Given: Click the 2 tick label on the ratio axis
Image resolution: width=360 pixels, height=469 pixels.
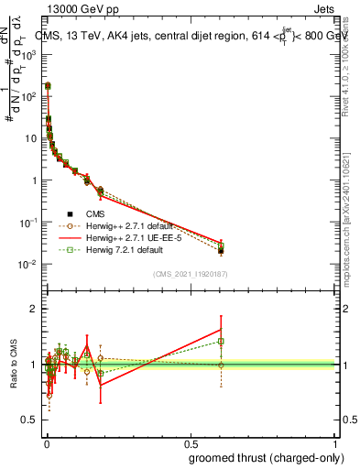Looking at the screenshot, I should coord(34,309).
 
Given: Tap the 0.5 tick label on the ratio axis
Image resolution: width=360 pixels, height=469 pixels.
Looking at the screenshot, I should coord(30,420).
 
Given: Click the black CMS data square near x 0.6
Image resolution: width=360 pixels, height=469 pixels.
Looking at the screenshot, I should coord(221,250).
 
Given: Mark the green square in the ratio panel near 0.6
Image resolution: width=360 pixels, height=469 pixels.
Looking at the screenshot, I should coord(221,342).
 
